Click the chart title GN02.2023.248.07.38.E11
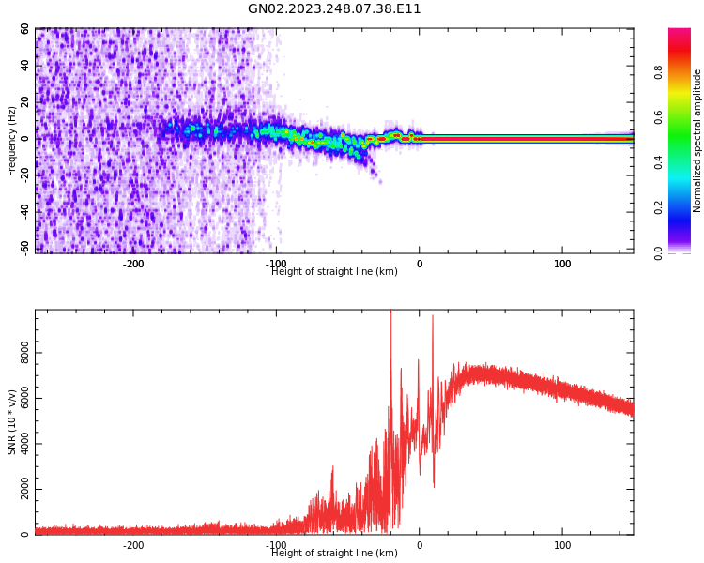click(334, 9)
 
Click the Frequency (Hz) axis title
click(12, 141)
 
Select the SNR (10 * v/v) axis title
click(12, 421)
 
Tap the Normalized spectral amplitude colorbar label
click(697, 141)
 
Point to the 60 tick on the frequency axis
click(24, 29)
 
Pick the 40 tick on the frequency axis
click(24, 66)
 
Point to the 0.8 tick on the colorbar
click(659, 71)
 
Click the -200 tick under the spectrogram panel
click(133, 264)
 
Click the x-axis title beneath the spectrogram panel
click(334, 272)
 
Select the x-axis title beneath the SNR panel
click(334, 554)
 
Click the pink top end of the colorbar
click(679, 33)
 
